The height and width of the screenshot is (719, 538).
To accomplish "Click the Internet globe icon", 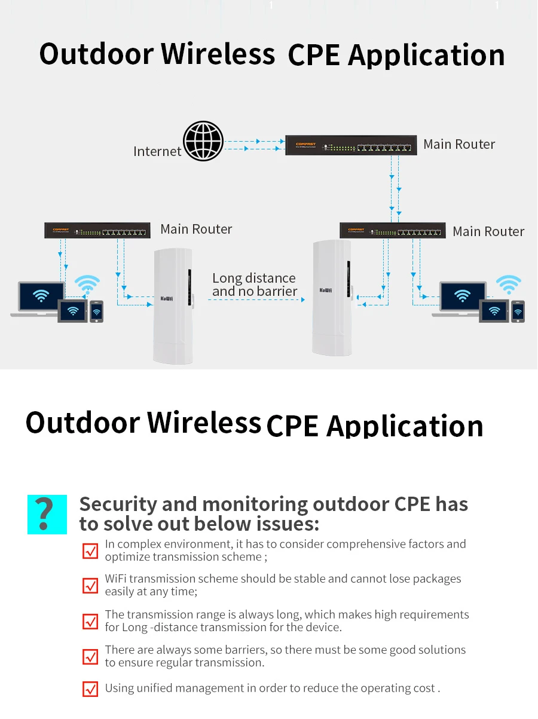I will coord(203,142).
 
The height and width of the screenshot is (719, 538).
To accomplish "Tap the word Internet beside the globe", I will coord(157,151).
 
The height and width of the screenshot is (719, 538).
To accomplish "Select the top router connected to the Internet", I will coord(350,145).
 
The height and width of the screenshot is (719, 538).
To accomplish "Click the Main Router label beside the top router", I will coord(459,144).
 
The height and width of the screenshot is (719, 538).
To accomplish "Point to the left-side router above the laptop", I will coord(96,230).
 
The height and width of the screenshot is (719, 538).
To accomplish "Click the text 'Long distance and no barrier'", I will coord(255,284).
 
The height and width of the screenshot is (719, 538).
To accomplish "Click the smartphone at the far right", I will coord(518,311).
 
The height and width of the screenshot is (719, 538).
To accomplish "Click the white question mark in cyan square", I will coord(47,515).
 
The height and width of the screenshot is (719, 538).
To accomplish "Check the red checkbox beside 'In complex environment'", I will coord(90,550).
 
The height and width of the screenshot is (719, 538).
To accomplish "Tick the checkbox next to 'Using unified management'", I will coord(90,689).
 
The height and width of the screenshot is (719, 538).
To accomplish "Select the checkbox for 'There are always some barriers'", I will coord(90,656).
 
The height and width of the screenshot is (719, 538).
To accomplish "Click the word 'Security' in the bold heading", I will coord(117,504).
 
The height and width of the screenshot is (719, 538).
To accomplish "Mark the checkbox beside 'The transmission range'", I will coord(90,621).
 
